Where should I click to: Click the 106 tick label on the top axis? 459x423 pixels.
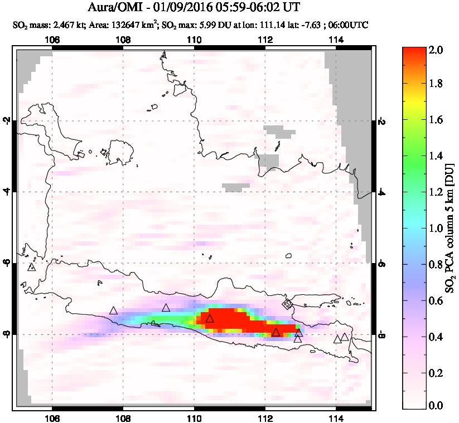click(52, 40)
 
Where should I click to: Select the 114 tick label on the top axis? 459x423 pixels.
click(336, 40)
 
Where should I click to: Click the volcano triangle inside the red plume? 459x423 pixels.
click(210, 318)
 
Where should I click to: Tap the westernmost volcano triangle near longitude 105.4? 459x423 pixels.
click(31, 267)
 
